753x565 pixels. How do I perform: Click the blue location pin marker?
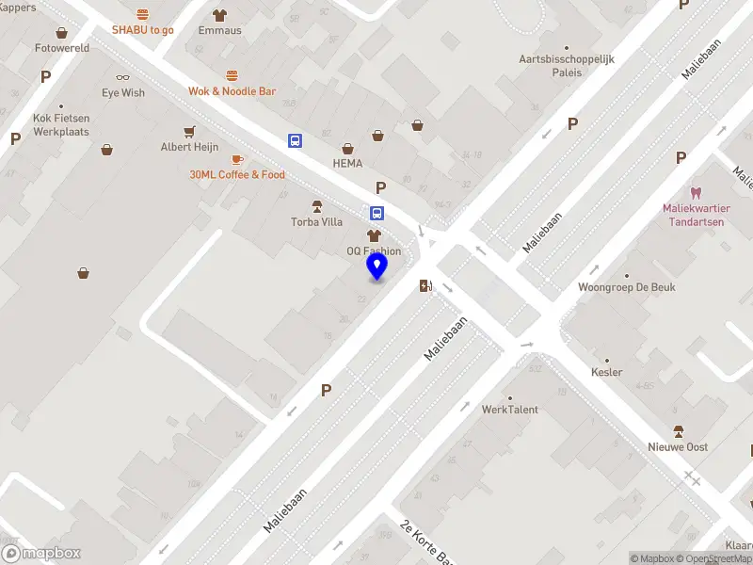[x=376, y=266]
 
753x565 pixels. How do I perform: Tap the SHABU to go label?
[x=143, y=30]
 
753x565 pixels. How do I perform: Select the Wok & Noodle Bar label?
[x=232, y=91]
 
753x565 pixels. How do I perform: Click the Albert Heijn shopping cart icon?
[x=190, y=131]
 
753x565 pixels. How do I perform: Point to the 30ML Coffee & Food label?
[x=237, y=175]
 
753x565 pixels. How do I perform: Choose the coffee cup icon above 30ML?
[x=236, y=159]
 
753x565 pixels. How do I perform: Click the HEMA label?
[x=347, y=163]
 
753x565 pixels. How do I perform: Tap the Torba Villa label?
[x=316, y=222]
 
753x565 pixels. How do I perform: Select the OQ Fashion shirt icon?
[x=374, y=234]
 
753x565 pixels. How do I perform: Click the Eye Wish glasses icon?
[x=123, y=77]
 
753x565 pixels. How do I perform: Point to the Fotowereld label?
[x=61, y=47]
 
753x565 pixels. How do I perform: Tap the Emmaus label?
[x=219, y=30]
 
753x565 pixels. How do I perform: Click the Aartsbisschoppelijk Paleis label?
[x=567, y=65]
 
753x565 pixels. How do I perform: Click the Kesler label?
[x=607, y=372]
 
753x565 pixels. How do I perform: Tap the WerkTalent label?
[x=510, y=410]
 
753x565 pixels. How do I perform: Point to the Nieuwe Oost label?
[x=678, y=446]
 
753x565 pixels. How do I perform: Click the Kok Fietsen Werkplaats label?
[x=60, y=125]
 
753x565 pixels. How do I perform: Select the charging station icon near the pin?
[x=425, y=285]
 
